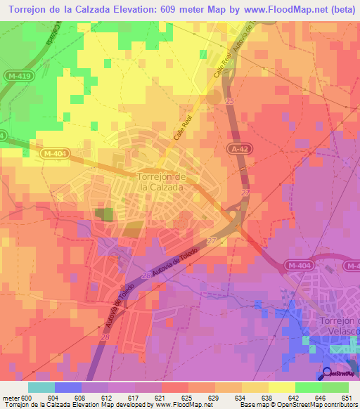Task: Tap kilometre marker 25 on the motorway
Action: coord(230,102)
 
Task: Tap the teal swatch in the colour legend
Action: coord(41,387)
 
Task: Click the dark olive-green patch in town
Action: coord(104,214)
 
